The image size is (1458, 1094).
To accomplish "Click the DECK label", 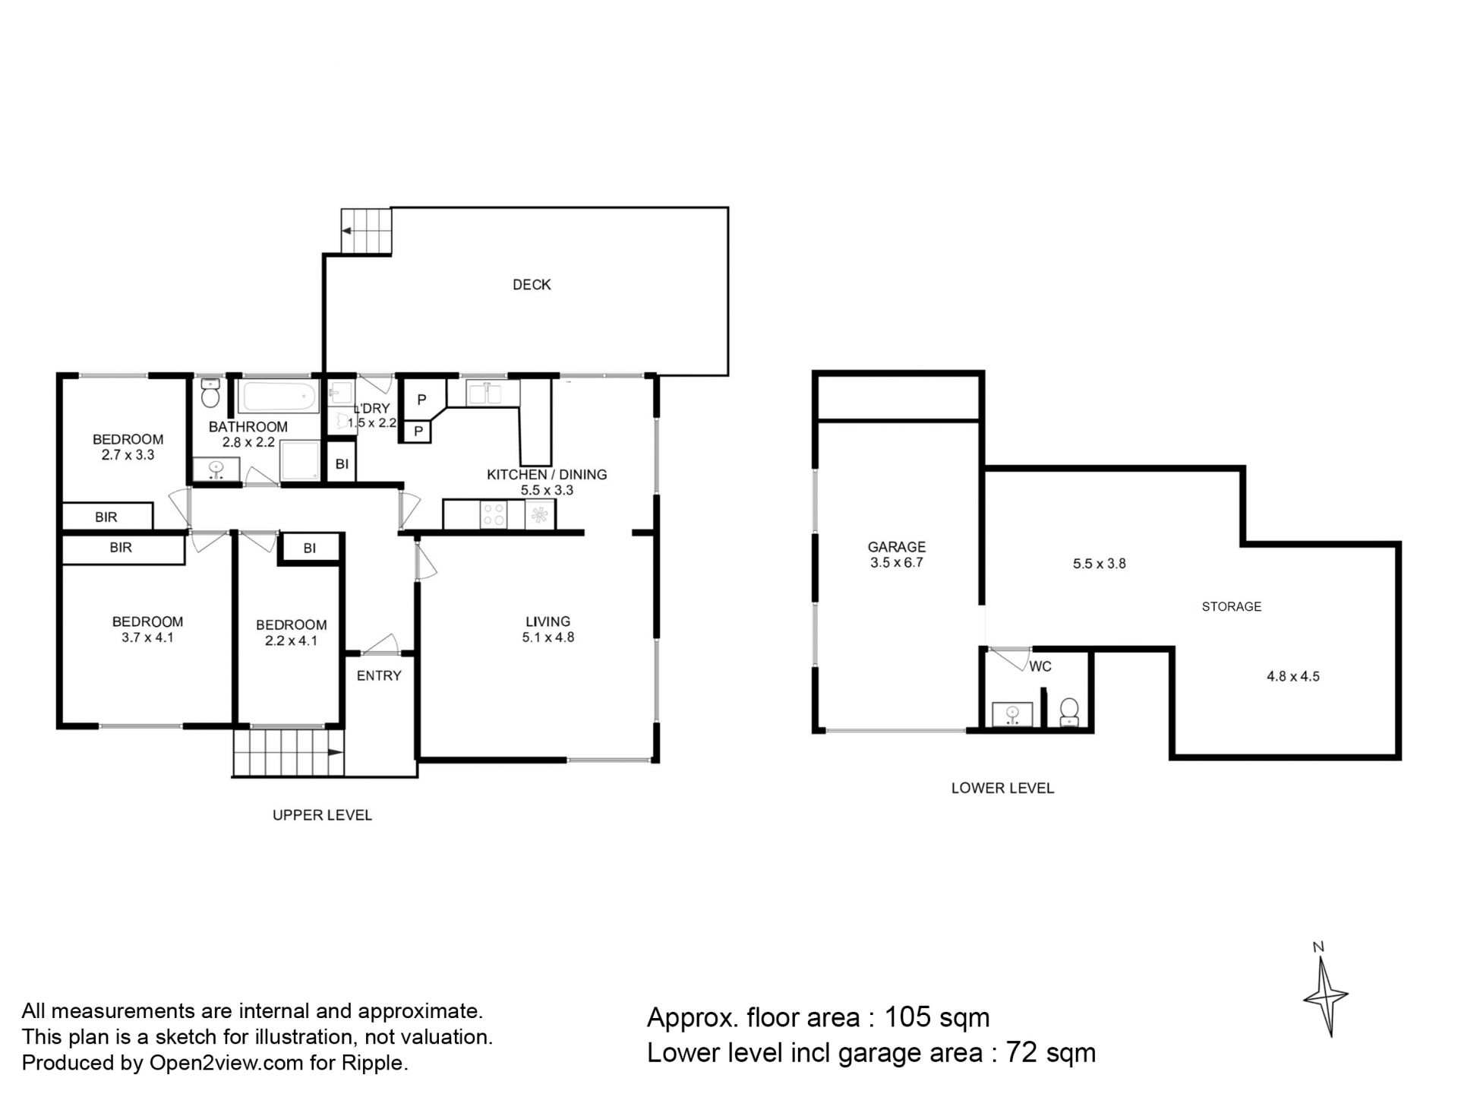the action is point(532,285).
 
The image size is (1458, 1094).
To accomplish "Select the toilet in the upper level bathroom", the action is point(210,394).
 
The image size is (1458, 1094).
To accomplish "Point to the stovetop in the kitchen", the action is point(494,514).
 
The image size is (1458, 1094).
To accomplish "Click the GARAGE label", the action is point(897,547).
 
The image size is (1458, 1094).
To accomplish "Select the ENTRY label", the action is point(379,675).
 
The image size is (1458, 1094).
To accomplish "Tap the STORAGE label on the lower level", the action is point(1232,606).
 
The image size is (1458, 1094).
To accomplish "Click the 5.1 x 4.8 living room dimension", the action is point(548,637).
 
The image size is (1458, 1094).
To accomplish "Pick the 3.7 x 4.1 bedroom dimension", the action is point(147,637).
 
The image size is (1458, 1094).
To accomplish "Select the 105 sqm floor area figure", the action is point(937,1017).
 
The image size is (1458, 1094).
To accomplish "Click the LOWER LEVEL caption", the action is point(1002,788).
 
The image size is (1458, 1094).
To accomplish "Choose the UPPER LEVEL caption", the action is point(322,815).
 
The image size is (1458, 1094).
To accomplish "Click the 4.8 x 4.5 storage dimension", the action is point(1293,676).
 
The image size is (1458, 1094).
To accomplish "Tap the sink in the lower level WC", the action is point(1012,714).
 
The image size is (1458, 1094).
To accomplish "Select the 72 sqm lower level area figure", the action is point(1051,1053).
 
